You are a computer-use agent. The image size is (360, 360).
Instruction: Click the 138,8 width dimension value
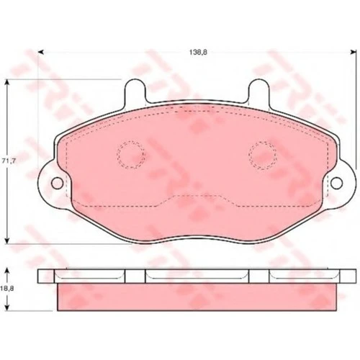(198, 52)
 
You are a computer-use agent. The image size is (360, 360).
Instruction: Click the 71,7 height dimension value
(9, 161)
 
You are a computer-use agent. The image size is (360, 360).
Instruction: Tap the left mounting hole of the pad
(57, 183)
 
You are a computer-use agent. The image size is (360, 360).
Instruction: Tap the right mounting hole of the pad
(336, 183)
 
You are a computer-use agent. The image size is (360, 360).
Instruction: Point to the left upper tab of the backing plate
(135, 92)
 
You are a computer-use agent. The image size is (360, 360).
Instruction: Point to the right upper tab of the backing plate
(259, 92)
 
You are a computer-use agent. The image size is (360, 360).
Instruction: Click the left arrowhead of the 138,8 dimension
(41, 52)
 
